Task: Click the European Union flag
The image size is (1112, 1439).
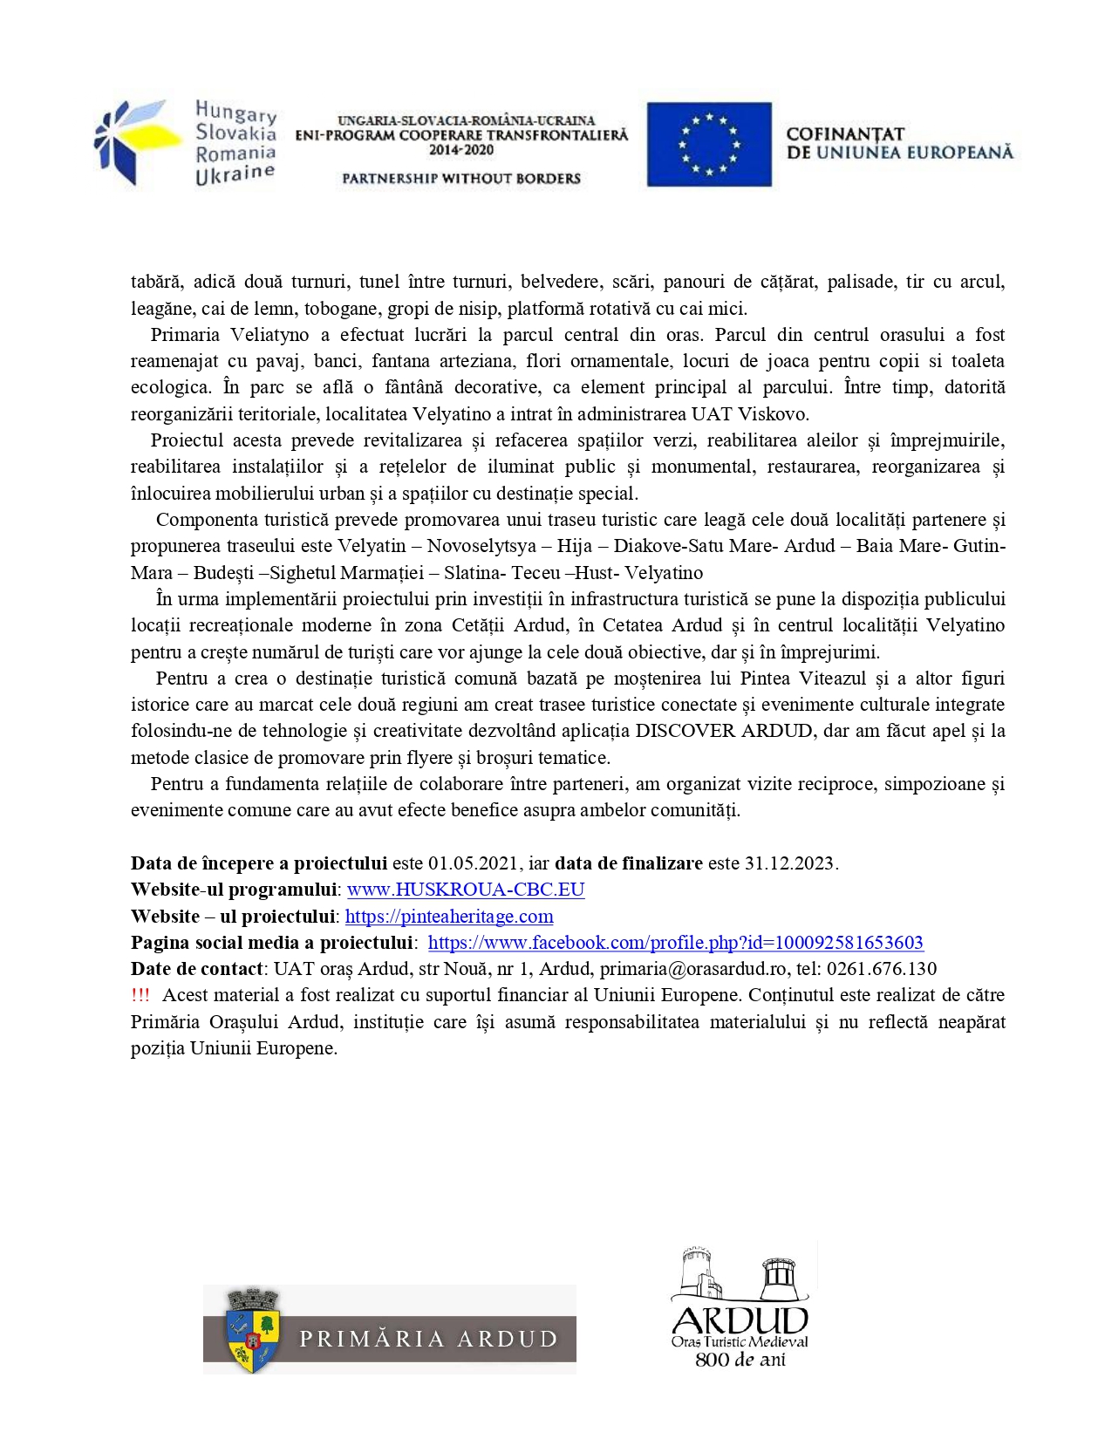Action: coord(708,144)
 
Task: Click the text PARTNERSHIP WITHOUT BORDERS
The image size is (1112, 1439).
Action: coord(460,179)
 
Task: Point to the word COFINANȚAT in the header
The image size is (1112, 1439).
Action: coord(844,134)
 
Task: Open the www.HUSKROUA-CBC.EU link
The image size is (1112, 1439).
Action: coord(466,890)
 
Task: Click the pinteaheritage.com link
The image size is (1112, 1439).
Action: coord(449,917)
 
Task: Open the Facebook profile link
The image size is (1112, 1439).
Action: coord(675,943)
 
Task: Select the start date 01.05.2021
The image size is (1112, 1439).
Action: coord(473,863)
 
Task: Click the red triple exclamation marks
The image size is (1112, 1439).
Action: coord(140,995)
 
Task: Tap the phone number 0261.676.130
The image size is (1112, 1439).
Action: coord(882,969)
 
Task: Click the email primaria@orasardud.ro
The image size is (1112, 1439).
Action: coord(693,969)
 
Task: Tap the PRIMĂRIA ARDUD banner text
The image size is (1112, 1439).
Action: coord(428,1339)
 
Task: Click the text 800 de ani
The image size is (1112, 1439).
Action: coord(740,1360)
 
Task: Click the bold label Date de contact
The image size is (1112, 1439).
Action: coord(196,969)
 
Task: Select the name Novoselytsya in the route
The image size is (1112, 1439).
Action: coord(481,546)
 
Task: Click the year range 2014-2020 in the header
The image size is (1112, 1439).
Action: coord(460,150)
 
